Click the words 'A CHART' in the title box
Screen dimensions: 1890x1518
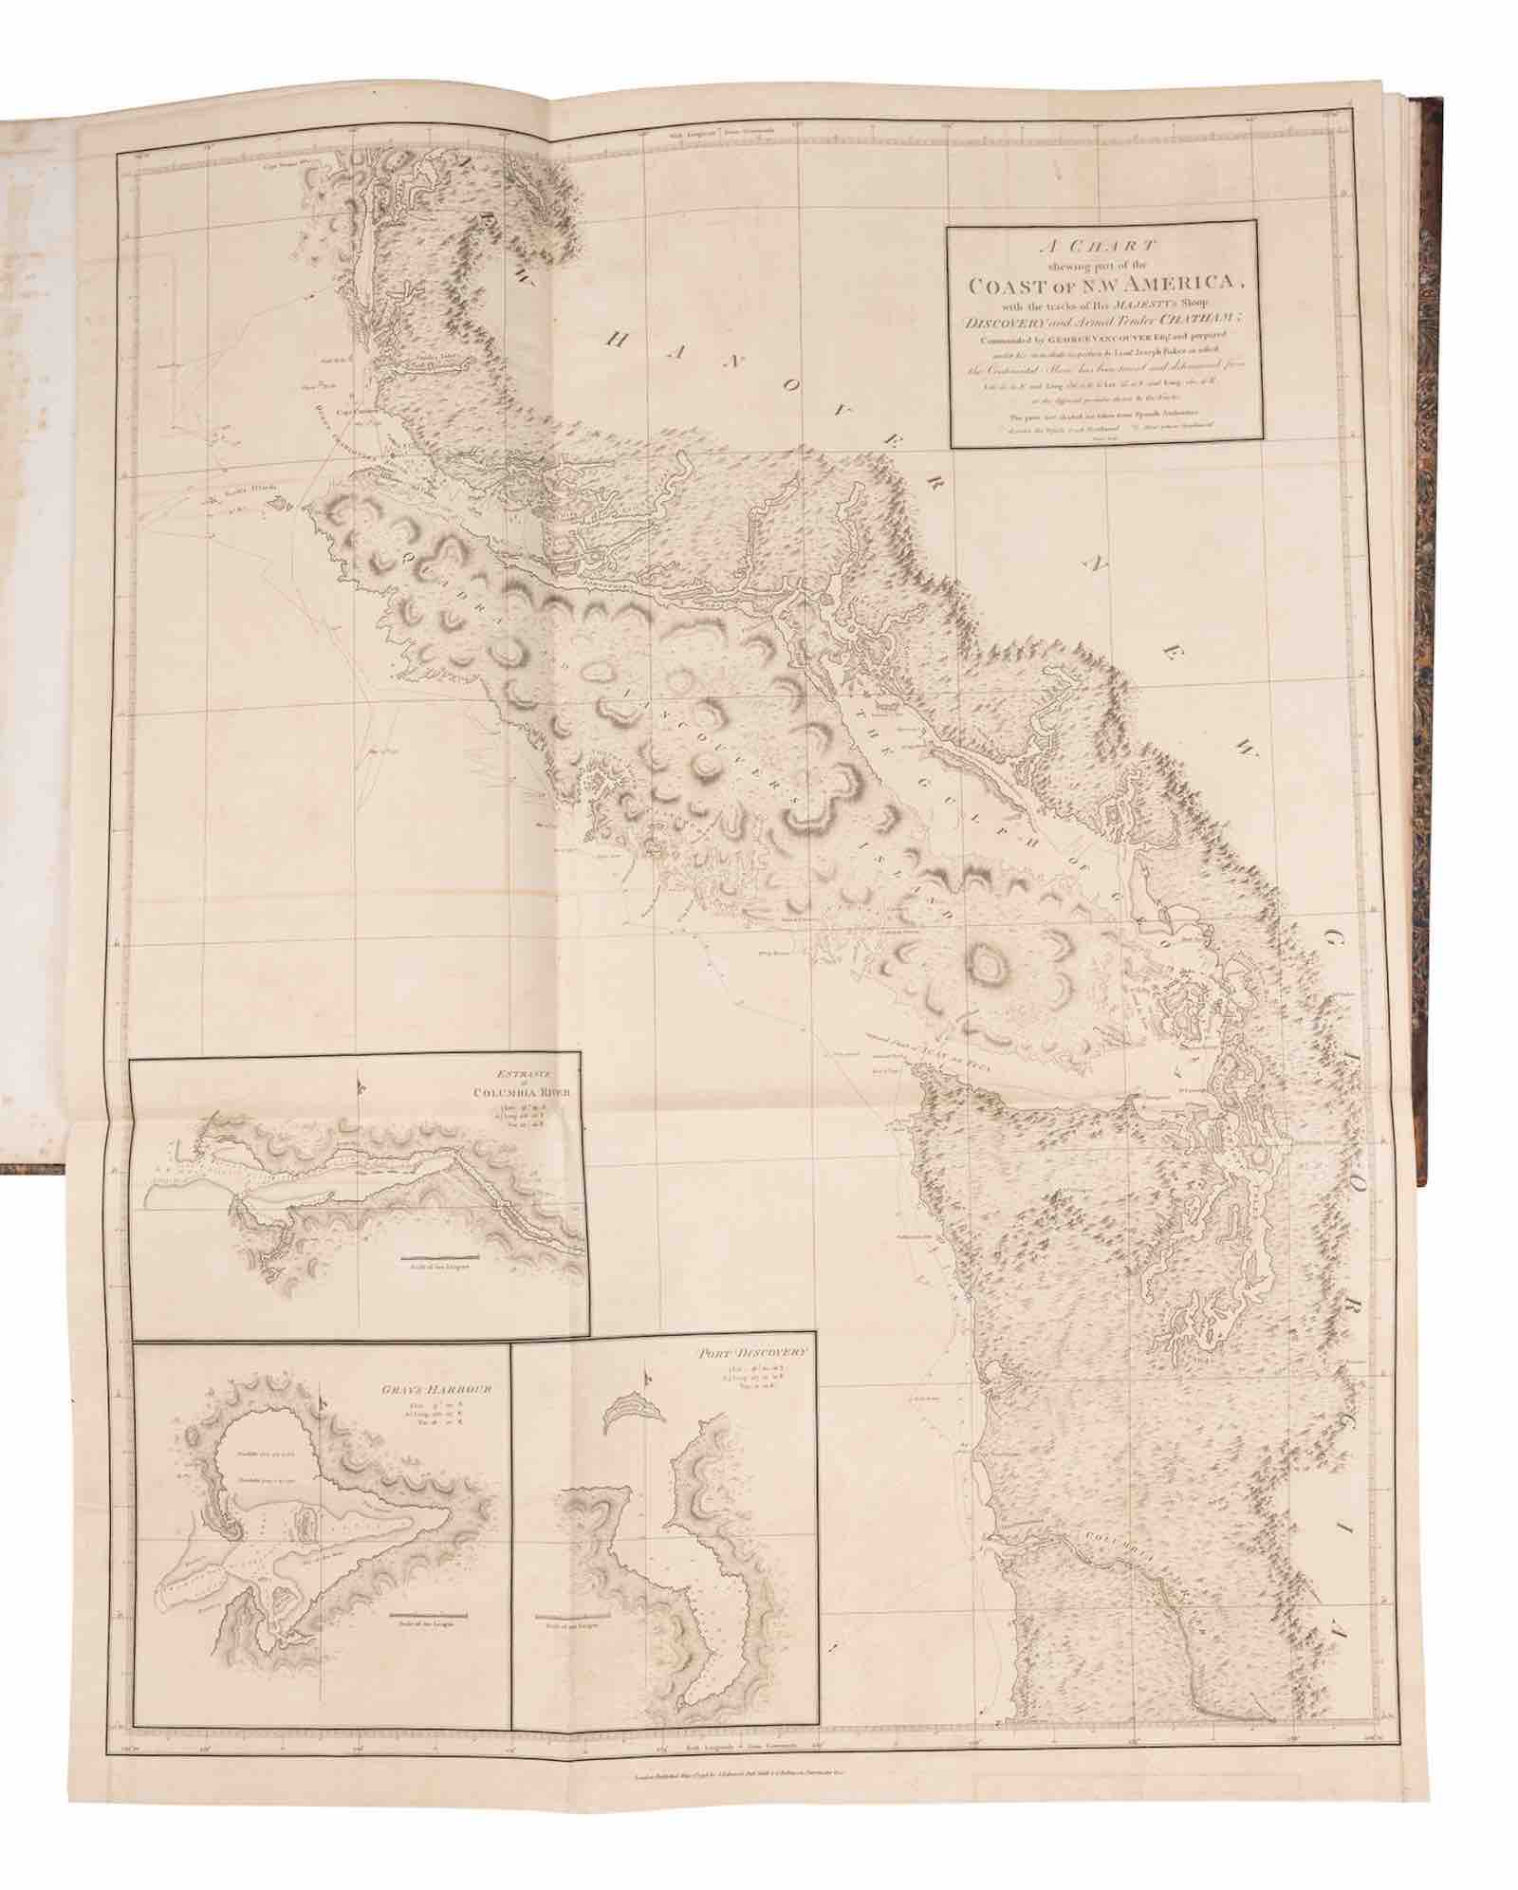(1105, 243)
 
